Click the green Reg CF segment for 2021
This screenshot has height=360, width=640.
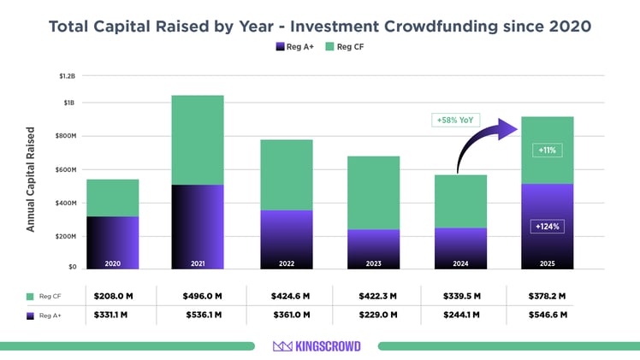tap(198, 139)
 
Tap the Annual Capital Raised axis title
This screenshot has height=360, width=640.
tap(31, 180)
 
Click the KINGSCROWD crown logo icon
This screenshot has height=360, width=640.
tap(283, 346)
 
